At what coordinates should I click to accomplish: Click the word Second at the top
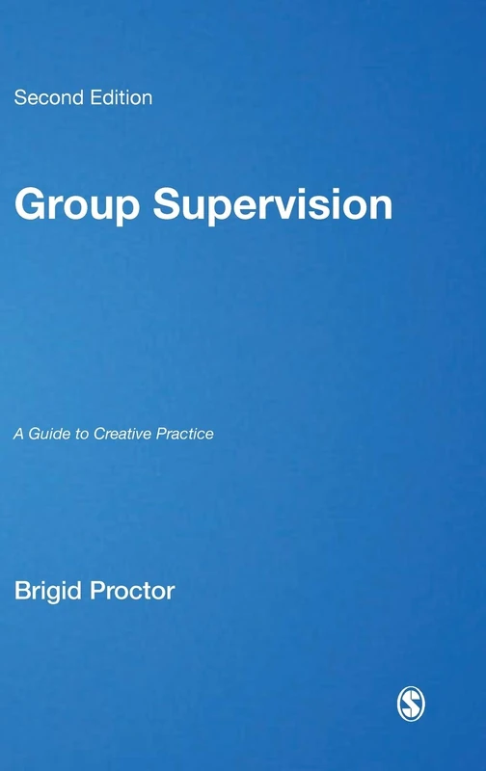[44, 97]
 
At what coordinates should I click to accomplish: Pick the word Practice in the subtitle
[182, 434]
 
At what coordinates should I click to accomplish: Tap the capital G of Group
[28, 206]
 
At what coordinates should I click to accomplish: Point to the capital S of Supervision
[168, 206]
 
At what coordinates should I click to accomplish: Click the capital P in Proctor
[96, 590]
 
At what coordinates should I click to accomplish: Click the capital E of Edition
[88, 97]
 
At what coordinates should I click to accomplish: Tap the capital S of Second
[19, 97]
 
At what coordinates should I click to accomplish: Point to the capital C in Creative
[97, 434]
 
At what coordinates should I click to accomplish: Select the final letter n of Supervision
[382, 209]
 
